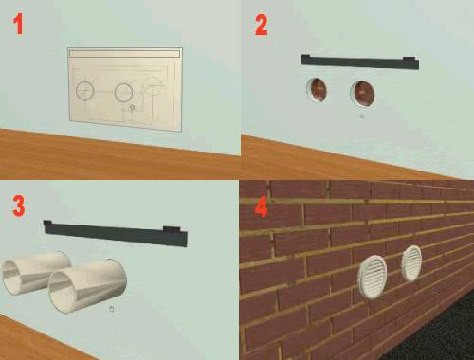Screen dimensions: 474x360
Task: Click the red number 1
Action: click(x=18, y=25)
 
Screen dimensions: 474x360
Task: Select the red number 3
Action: click(x=19, y=206)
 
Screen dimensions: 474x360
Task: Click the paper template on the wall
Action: click(x=125, y=89)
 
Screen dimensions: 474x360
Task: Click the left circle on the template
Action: click(x=85, y=91)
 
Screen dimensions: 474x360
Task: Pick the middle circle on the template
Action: click(x=123, y=93)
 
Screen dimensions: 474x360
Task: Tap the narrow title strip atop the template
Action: click(x=125, y=53)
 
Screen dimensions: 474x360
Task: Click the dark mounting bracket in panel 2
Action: click(x=360, y=62)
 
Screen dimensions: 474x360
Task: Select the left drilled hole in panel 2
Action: click(x=317, y=90)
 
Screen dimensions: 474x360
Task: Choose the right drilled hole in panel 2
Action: click(x=362, y=94)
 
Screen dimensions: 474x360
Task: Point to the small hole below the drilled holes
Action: click(x=362, y=117)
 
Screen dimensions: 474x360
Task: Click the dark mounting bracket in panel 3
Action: click(x=116, y=233)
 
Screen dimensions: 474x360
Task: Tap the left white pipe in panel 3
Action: click(x=35, y=272)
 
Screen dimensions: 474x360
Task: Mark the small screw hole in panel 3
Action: click(x=111, y=309)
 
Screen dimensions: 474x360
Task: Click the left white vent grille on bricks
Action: click(x=373, y=277)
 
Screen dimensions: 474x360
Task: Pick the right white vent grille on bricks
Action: click(x=411, y=263)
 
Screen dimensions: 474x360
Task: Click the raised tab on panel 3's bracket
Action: click(x=172, y=229)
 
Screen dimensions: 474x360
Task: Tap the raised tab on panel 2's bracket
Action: click(x=410, y=59)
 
